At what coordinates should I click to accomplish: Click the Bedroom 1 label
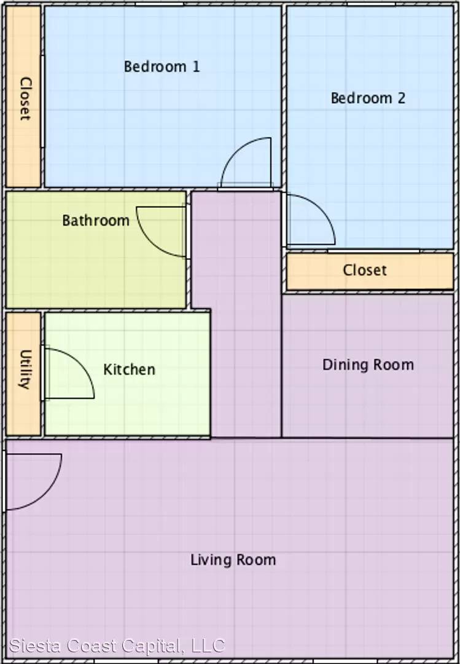point(162,66)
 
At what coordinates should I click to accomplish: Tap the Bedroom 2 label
point(368,98)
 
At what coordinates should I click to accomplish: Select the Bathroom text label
point(96,220)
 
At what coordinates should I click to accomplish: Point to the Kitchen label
point(129,370)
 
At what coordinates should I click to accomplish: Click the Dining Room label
point(368,365)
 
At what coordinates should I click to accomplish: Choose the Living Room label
point(233,560)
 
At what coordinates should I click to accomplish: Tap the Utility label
point(25,369)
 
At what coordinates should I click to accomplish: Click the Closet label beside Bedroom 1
point(25,98)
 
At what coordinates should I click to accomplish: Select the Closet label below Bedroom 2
point(365,270)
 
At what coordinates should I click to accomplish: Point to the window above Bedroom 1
point(160,4)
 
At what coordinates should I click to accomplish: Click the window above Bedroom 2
point(371,4)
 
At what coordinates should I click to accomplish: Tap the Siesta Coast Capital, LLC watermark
point(117,646)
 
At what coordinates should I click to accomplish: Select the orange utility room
point(24,374)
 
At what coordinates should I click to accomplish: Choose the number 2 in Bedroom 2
point(400,98)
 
